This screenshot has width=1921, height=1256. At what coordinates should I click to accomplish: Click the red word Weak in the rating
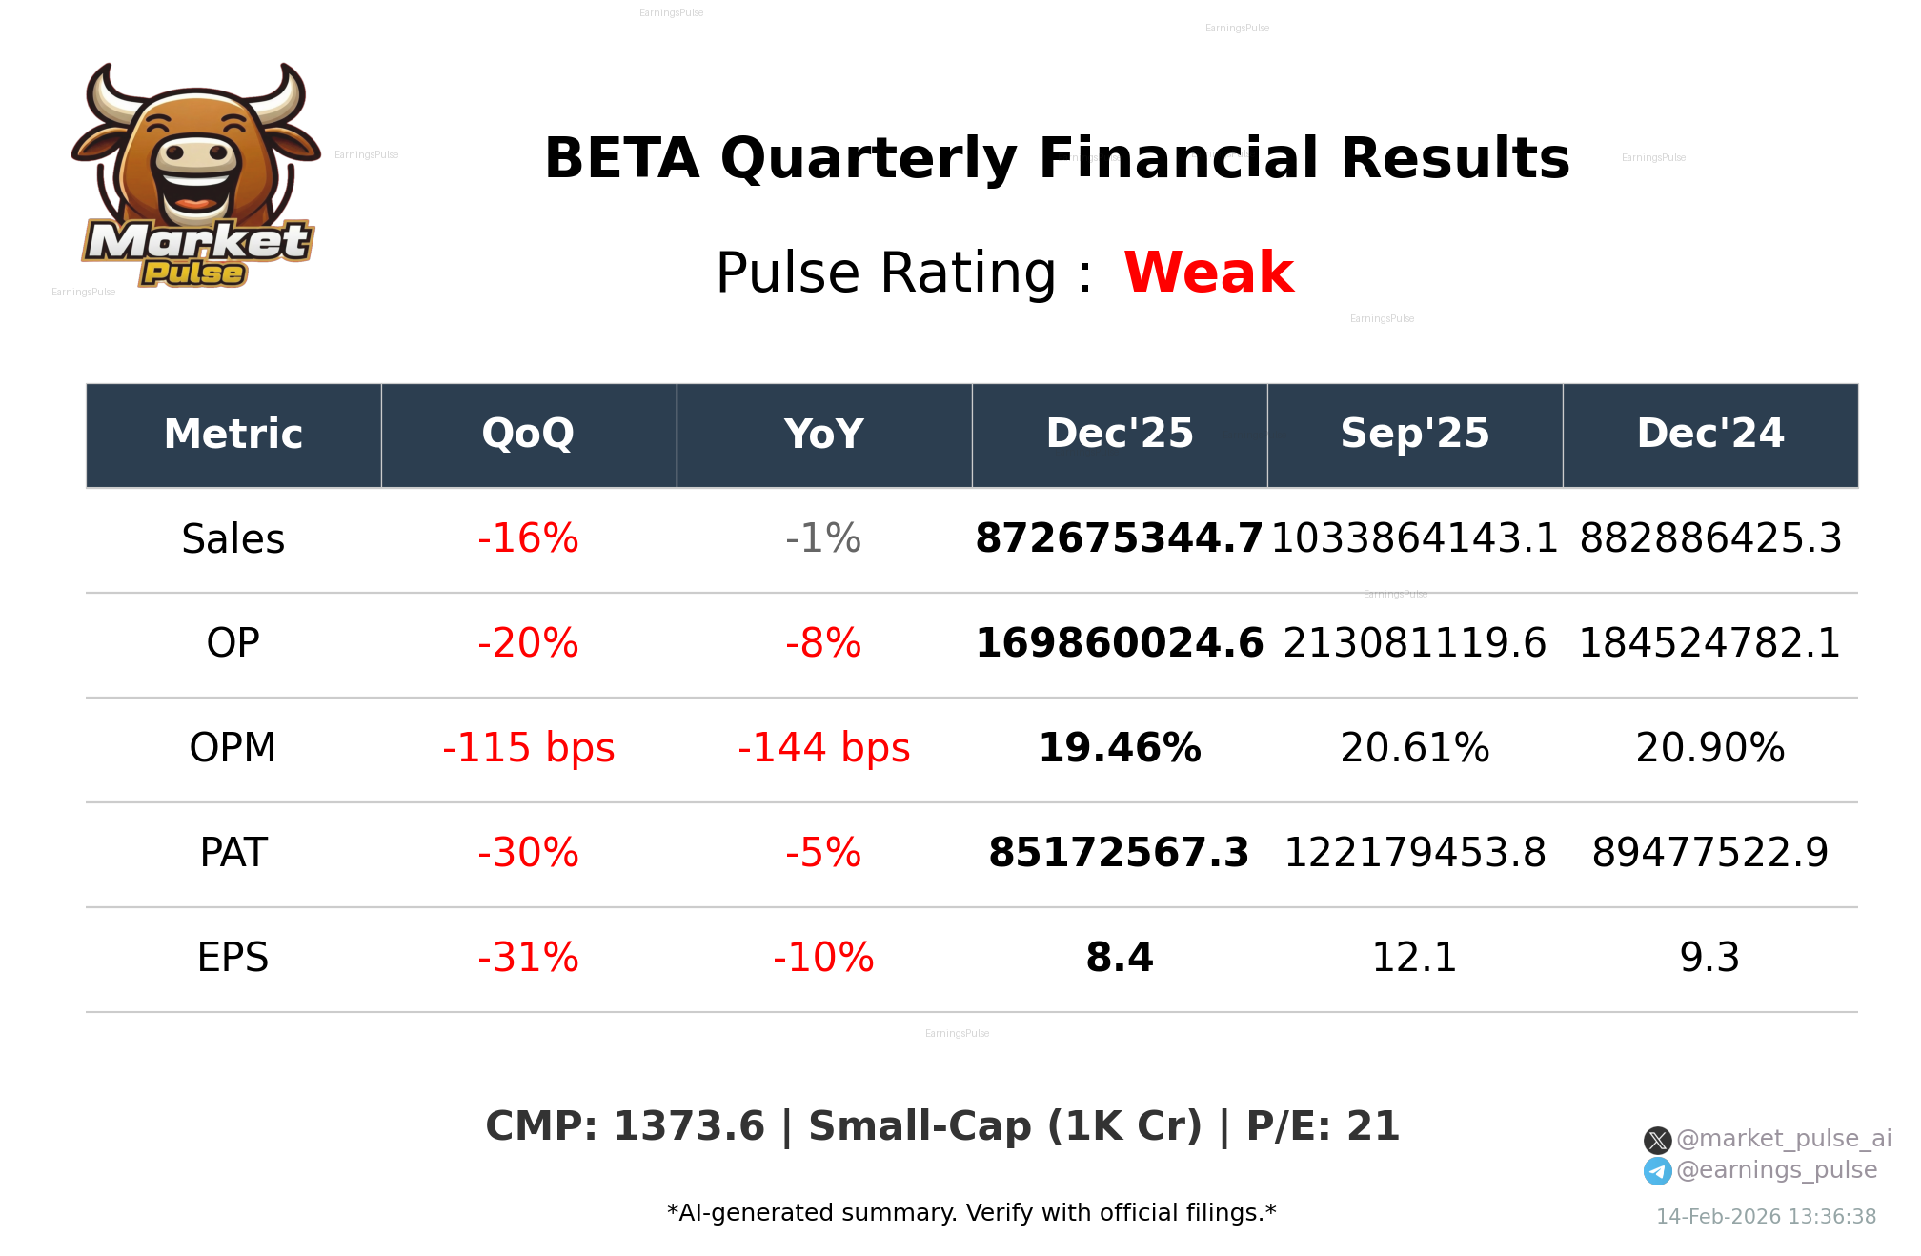pyautogui.click(x=1208, y=273)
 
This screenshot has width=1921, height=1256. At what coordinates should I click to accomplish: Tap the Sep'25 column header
pyautogui.click(x=1414, y=434)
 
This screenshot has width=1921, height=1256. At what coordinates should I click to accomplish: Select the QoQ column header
pyautogui.click(x=528, y=434)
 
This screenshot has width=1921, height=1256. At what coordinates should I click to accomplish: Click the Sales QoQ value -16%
pyautogui.click(x=528, y=538)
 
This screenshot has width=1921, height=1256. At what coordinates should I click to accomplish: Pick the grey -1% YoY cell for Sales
pyautogui.click(x=823, y=538)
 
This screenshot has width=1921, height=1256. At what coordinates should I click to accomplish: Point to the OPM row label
pyautogui.click(x=233, y=748)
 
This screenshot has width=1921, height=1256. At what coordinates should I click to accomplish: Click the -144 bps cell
pyautogui.click(x=823, y=748)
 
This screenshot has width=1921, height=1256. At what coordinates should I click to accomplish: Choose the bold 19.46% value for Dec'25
pyautogui.click(x=1120, y=748)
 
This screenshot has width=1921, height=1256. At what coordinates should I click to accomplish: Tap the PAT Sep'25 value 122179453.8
pyautogui.click(x=1414, y=853)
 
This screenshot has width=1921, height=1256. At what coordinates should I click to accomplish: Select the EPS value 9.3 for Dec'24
pyautogui.click(x=1709, y=958)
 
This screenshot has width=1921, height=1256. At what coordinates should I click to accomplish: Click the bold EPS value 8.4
pyautogui.click(x=1120, y=958)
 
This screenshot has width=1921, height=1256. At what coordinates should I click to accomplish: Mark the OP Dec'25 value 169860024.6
pyautogui.click(x=1120, y=643)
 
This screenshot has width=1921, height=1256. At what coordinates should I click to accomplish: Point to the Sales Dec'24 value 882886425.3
pyautogui.click(x=1709, y=538)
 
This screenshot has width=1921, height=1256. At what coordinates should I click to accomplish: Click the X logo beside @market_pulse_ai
pyautogui.click(x=1657, y=1140)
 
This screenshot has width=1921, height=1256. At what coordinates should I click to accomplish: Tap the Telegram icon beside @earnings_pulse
pyautogui.click(x=1657, y=1171)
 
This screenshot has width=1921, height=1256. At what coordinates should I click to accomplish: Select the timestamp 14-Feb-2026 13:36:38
pyautogui.click(x=1766, y=1217)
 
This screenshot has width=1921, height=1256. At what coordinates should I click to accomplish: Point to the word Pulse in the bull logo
pyautogui.click(x=193, y=273)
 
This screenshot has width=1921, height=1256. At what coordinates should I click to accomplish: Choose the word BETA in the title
pyautogui.click(x=621, y=158)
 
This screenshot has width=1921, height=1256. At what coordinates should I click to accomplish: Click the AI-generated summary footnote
pyautogui.click(x=971, y=1213)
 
